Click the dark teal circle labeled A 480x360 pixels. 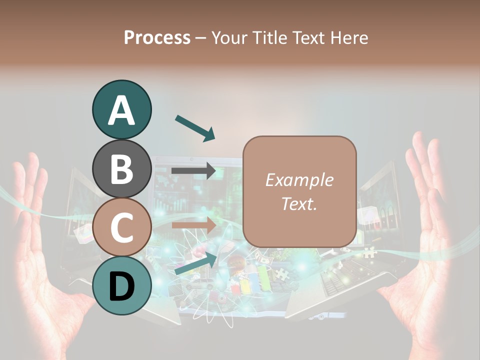[121, 109]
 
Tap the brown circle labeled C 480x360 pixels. [121, 227]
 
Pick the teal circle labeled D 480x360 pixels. [121, 285]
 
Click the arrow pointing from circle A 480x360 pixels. [195, 127]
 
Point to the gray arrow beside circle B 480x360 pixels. [194, 171]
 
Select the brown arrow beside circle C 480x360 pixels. [194, 225]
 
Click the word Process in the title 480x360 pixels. [157, 37]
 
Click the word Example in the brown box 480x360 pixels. [299, 180]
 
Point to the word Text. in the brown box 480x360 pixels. [299, 203]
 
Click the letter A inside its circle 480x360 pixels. [121, 110]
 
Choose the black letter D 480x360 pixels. [121, 286]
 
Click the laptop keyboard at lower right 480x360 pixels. [345, 285]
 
